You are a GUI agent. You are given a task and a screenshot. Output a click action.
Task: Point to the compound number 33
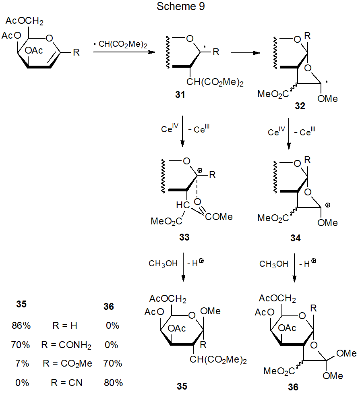(x=185, y=237)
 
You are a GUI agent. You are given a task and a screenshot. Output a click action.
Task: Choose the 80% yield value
(x=112, y=382)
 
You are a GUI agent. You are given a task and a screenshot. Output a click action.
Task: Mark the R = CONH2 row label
(x=66, y=345)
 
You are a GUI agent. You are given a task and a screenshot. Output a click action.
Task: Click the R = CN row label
(x=66, y=382)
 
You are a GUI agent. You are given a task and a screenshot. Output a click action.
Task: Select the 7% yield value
(x=23, y=363)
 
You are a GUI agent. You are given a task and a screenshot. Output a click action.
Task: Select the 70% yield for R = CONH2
(x=22, y=345)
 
